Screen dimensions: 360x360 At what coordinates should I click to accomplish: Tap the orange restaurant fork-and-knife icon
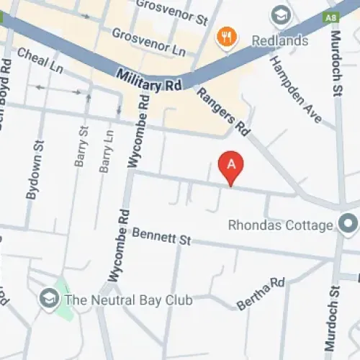pos(227,37)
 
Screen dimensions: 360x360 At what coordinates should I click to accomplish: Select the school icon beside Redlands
pos(279,14)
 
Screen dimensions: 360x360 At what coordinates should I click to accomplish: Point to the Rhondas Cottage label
pos(280,225)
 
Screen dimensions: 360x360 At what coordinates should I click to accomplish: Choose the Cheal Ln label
pos(40,60)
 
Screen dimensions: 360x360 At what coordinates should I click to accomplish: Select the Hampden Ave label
pos(295,88)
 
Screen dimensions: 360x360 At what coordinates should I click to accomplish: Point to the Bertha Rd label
pos(261,294)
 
